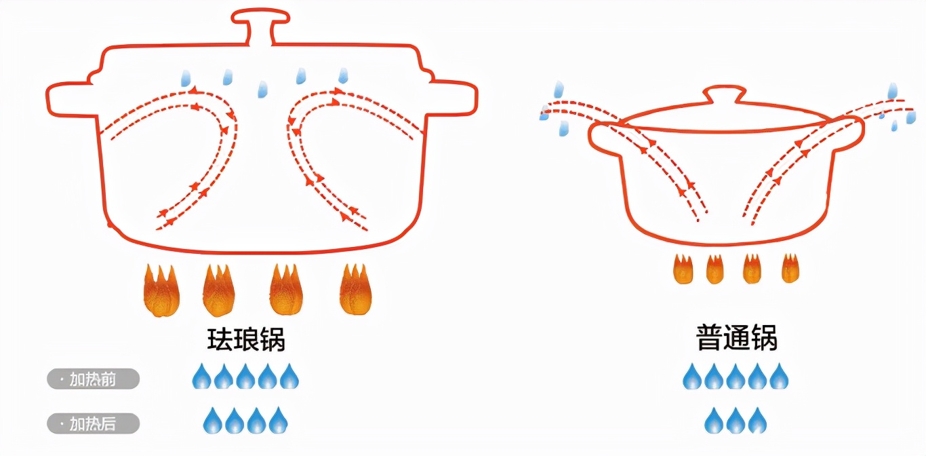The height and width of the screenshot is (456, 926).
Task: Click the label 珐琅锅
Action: click(245, 338)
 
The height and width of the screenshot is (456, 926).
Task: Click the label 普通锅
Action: click(736, 338)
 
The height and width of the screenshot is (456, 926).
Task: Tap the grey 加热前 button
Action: click(93, 379)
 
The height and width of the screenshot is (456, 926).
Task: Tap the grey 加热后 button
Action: click(93, 424)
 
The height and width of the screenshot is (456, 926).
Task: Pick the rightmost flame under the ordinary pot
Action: click(790, 269)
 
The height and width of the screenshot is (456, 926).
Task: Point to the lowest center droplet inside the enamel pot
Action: click(262, 89)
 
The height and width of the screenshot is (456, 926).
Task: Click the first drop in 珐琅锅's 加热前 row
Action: click(201, 377)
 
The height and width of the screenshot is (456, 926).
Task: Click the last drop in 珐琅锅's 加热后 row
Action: click(278, 421)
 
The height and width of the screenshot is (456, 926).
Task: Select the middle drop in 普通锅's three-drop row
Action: click(736, 421)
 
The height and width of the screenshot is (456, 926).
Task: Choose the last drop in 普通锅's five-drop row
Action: click(779, 377)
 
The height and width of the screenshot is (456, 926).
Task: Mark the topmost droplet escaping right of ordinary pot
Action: click(893, 90)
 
